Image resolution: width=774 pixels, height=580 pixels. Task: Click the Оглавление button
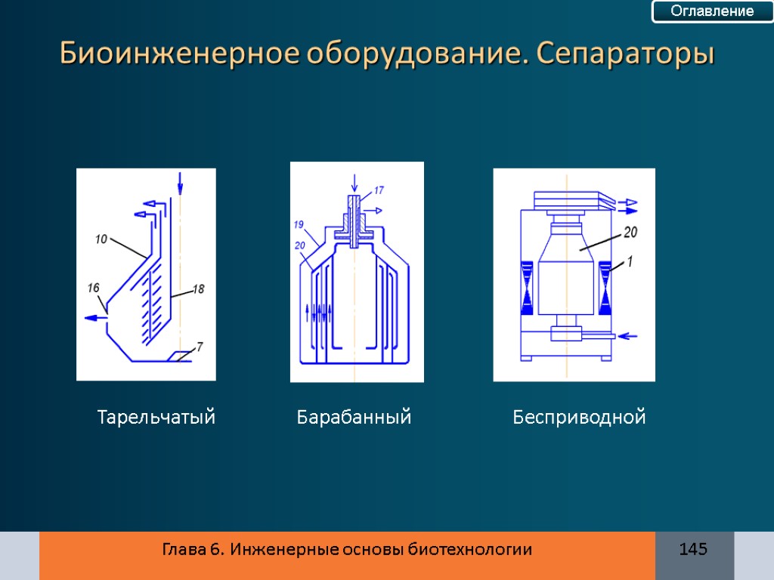pos(713,11)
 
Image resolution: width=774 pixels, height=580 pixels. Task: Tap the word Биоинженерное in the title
pos(178,54)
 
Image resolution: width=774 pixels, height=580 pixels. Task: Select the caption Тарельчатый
pos(156,417)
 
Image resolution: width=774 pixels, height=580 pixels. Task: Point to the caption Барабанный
pos(354,417)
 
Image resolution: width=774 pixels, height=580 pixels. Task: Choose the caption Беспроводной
pos(579,417)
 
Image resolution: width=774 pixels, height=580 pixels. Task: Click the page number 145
pos(693,549)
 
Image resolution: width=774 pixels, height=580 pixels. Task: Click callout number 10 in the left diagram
pos(101,240)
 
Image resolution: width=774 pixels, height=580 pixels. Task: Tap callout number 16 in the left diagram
pos(94,288)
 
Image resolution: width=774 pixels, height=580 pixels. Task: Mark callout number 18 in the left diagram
pos(199,288)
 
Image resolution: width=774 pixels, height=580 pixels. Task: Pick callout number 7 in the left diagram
pos(200,347)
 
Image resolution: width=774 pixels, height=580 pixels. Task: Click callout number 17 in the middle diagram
pos(379,190)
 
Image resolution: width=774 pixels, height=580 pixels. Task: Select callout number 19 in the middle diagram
pos(299,224)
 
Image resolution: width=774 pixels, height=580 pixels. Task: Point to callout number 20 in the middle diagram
pos(300,244)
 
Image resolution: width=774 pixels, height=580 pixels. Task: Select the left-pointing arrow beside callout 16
pos(94,318)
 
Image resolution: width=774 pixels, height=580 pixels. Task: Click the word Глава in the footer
pos(181,550)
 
